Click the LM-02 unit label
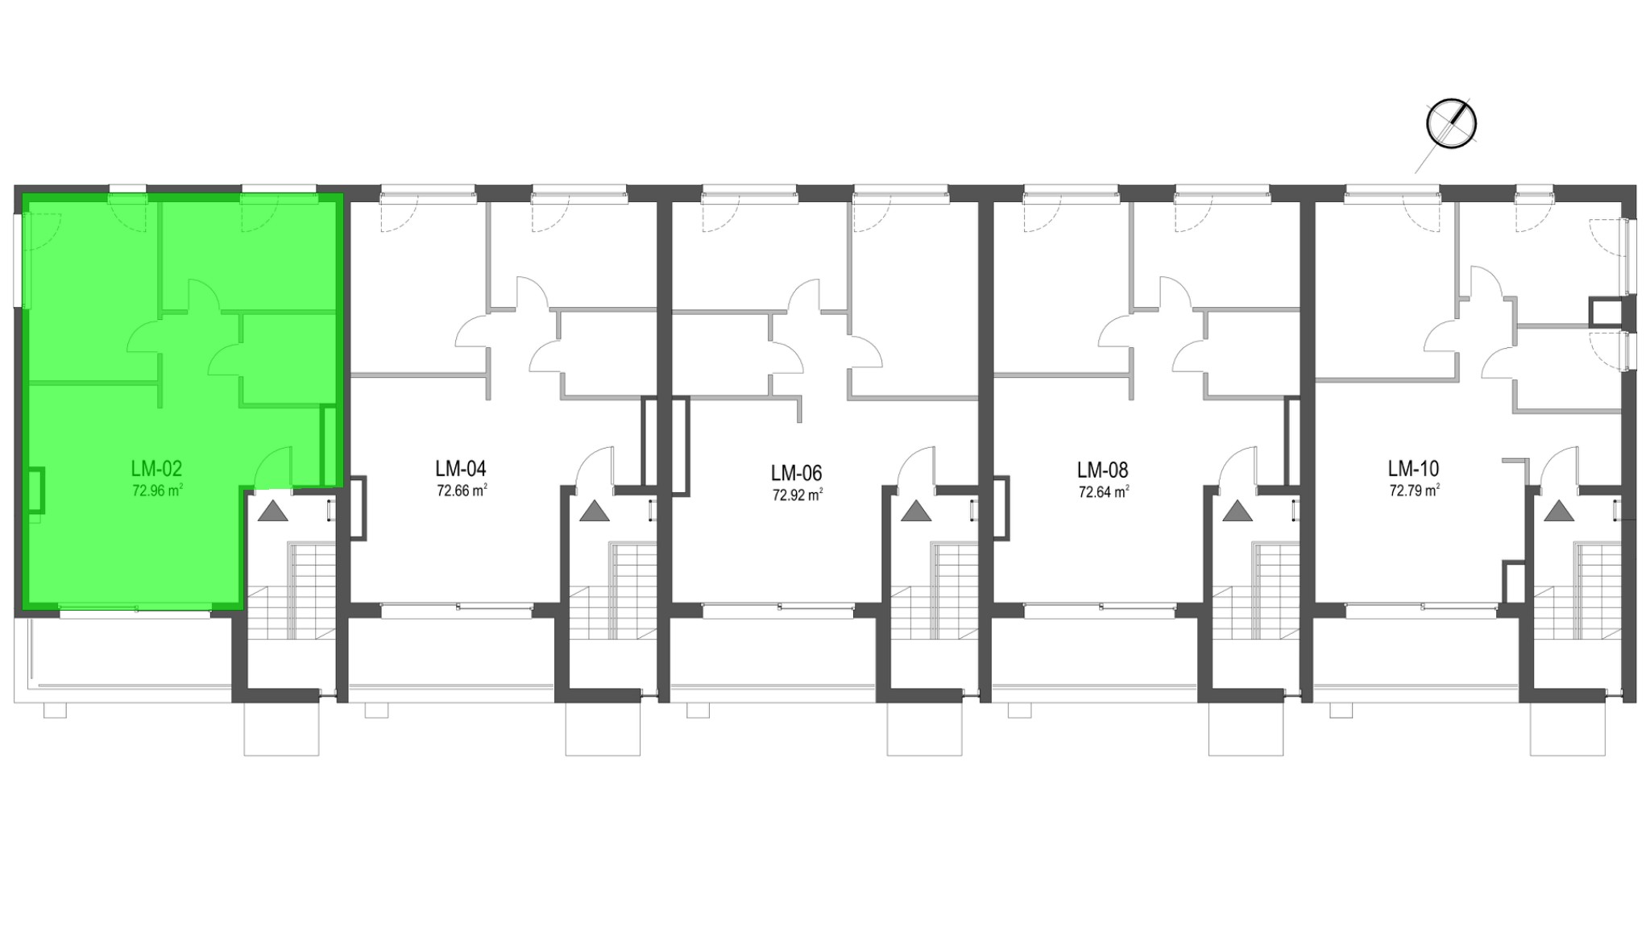click(156, 469)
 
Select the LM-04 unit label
click(461, 469)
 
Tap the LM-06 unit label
click(797, 473)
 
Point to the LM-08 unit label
click(1103, 470)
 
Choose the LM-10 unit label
click(1413, 469)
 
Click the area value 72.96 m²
click(157, 490)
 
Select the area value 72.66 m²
click(462, 490)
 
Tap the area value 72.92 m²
click(798, 495)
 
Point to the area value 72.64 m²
click(1104, 491)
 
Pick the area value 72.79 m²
click(1414, 490)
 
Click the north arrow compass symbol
click(1451, 124)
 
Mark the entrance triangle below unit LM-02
click(272, 512)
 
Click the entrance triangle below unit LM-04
click(595, 512)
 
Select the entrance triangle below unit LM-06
click(916, 512)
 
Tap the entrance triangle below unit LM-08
click(1237, 512)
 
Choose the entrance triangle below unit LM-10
click(1559, 512)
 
